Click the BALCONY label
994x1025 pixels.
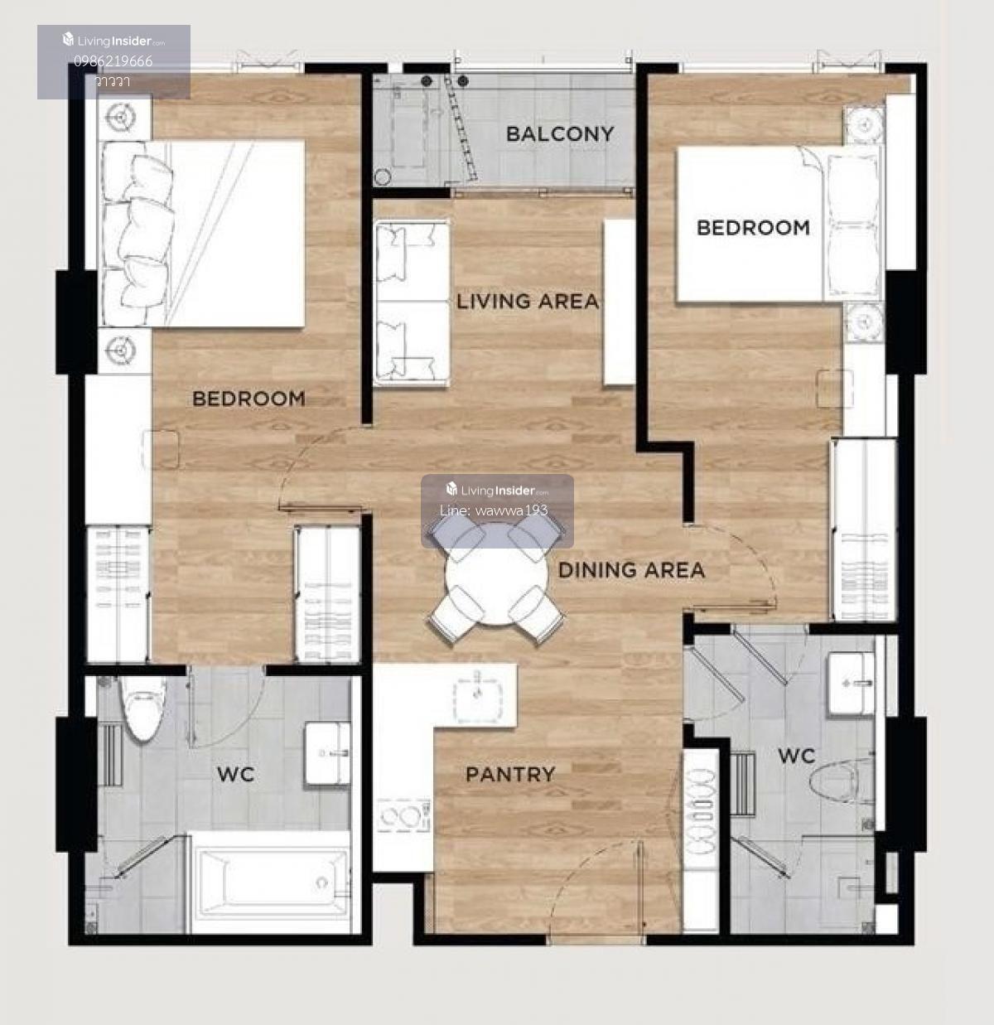[560, 134]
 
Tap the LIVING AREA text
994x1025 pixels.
[528, 302]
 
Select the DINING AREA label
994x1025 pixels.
[631, 570]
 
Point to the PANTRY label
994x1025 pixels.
[511, 774]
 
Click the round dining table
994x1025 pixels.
[496, 574]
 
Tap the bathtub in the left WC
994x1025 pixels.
[271, 884]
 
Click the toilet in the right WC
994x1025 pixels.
[838, 779]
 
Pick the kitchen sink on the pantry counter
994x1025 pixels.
[477, 698]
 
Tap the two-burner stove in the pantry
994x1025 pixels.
[403, 816]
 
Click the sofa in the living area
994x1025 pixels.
[412, 303]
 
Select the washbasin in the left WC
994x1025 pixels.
[327, 753]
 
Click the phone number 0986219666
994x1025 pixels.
[113, 61]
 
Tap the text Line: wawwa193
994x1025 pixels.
[494, 510]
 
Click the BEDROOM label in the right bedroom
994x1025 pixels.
[754, 228]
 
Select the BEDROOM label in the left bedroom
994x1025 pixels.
[249, 399]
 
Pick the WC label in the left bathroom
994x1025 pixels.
[236, 774]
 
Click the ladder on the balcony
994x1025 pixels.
[461, 129]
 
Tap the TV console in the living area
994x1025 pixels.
[619, 302]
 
